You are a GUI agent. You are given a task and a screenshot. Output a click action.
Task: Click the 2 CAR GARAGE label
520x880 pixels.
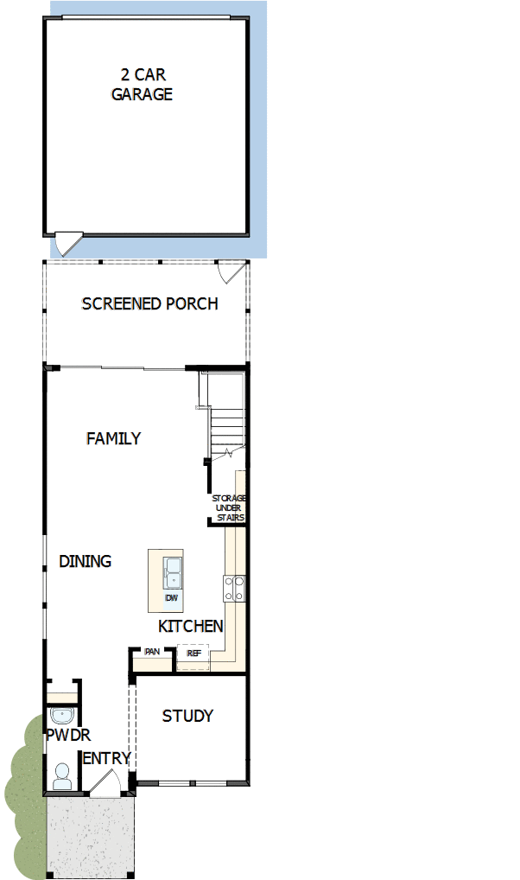click(142, 84)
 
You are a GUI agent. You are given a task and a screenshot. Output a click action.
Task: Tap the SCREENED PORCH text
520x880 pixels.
click(149, 303)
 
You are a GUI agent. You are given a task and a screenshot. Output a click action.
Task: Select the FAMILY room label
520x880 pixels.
click(113, 438)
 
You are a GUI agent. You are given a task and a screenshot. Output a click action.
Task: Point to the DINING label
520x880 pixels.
click(86, 561)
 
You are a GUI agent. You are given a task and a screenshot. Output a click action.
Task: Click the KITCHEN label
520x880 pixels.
click(191, 626)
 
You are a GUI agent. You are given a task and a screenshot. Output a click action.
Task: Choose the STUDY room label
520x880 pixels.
click(187, 716)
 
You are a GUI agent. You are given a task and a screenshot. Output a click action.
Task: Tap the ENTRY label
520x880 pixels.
click(106, 759)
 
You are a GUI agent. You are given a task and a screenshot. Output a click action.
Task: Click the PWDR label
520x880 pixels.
click(68, 735)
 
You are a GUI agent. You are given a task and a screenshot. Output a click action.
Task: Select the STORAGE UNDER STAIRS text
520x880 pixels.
click(229, 508)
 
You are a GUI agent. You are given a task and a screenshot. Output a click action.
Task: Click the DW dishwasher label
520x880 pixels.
click(171, 597)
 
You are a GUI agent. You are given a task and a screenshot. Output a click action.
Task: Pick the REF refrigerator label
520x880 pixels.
click(193, 654)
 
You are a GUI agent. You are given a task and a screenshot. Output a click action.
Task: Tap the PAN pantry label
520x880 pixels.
click(152, 652)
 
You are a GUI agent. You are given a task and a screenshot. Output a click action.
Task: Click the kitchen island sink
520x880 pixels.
click(172, 572)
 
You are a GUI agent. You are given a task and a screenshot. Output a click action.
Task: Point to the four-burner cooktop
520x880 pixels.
click(234, 589)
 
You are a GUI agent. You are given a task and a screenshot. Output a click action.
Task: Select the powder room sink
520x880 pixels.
click(61, 716)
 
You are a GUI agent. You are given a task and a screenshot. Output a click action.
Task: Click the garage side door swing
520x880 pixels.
click(69, 244)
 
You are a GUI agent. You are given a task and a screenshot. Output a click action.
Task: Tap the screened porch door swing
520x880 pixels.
click(231, 271)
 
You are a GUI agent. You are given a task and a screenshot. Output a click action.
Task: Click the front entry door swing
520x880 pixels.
click(105, 782)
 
